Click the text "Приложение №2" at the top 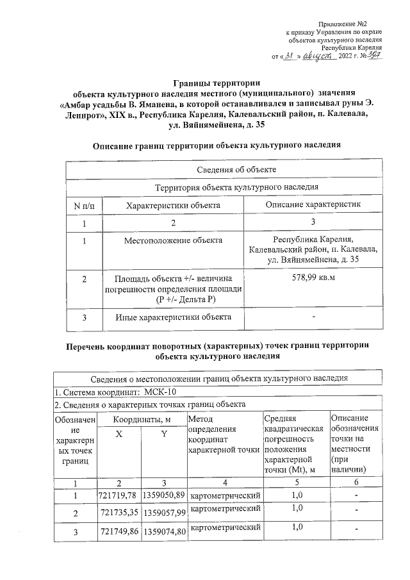(x=359, y=24)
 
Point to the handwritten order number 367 (x=375, y=56)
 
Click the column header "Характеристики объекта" (x=173, y=204)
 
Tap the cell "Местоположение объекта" (x=173, y=240)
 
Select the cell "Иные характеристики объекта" (x=173, y=317)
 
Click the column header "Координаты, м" (x=142, y=418)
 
